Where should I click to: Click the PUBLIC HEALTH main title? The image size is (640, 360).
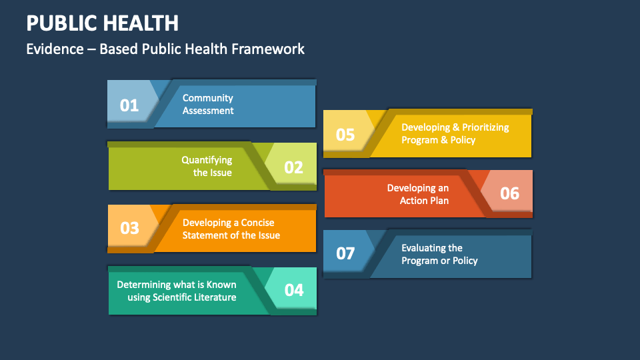pyautogui.click(x=102, y=23)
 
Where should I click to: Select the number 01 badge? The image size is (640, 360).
pyautogui.click(x=129, y=105)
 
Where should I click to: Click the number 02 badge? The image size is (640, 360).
pyautogui.click(x=293, y=167)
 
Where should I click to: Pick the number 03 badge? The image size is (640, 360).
pyautogui.click(x=129, y=228)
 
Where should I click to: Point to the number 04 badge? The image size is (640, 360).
pyautogui.click(x=293, y=290)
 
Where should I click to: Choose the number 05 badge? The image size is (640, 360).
pyautogui.click(x=345, y=134)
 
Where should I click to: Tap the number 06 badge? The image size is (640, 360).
pyautogui.click(x=509, y=193)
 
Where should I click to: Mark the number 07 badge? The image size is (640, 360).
pyautogui.click(x=345, y=253)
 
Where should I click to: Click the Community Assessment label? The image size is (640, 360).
pyautogui.click(x=208, y=105)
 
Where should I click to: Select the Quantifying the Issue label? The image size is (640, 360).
pyautogui.click(x=208, y=167)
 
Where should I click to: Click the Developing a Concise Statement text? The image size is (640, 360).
pyautogui.click(x=231, y=229)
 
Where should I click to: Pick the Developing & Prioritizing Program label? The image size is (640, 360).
pyautogui.click(x=455, y=133)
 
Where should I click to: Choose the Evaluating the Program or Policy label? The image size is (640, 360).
pyautogui.click(x=439, y=254)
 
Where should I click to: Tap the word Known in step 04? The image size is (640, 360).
pyautogui.click(x=221, y=285)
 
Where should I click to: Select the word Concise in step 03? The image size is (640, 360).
pyautogui.click(x=257, y=223)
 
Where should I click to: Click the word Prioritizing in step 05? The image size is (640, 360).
pyautogui.click(x=485, y=127)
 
